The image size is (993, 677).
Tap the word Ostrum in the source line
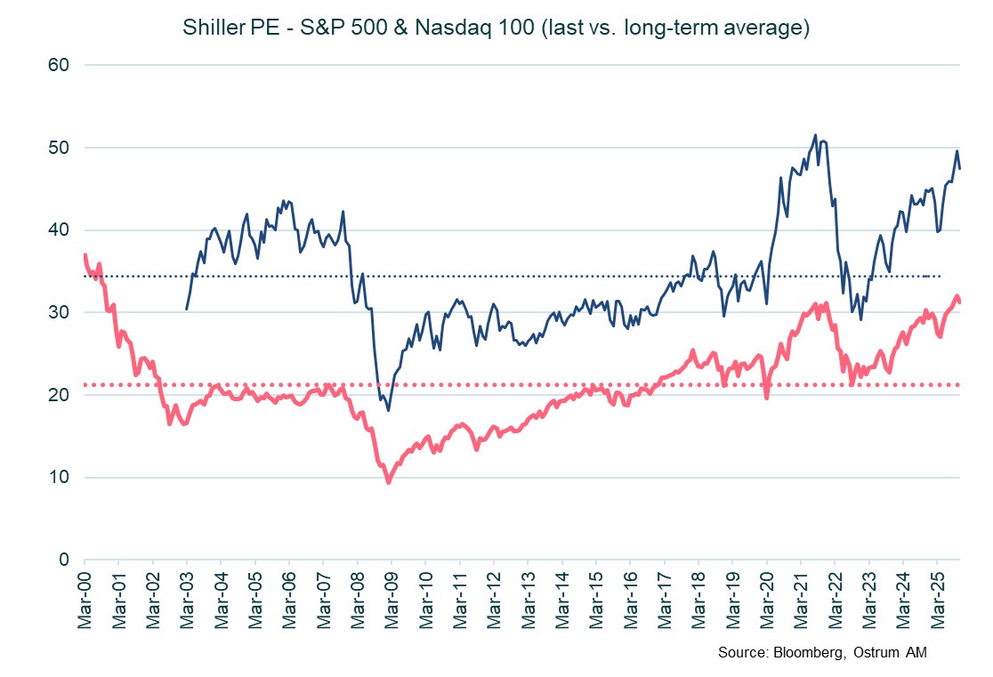878,654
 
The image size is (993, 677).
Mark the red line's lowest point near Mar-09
388,482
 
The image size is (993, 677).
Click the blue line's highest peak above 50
815,135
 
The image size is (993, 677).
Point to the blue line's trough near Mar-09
389,409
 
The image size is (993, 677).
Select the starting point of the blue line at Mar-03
186,309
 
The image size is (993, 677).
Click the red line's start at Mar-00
85,256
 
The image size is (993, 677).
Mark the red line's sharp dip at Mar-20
767,397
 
